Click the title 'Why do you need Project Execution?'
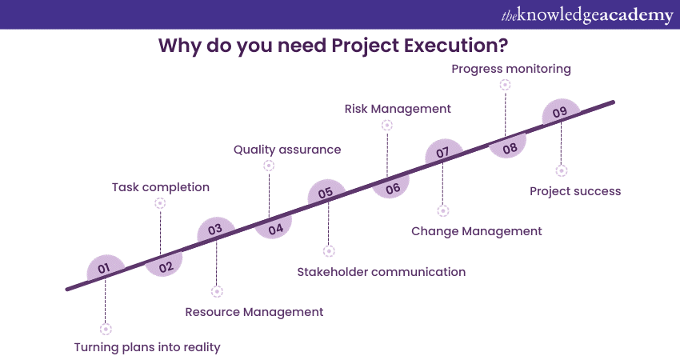pos(339,45)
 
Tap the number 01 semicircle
pos(105,269)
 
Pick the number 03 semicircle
pos(215,230)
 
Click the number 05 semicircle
pos(326,193)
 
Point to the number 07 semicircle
pos(442,152)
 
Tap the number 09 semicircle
pos(559,112)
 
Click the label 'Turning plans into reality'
pos(146,347)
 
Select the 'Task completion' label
pos(160,187)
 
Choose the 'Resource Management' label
pos(254,312)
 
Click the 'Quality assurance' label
pos(286,150)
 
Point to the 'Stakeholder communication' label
pos(381,271)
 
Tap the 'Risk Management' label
pos(398,109)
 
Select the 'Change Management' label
pos(476,231)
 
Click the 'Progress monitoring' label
pos(510,69)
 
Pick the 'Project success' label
pos(575,191)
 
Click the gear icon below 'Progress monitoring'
pos(505,84)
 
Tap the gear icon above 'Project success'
pos(561,170)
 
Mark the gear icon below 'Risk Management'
pos(387,125)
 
